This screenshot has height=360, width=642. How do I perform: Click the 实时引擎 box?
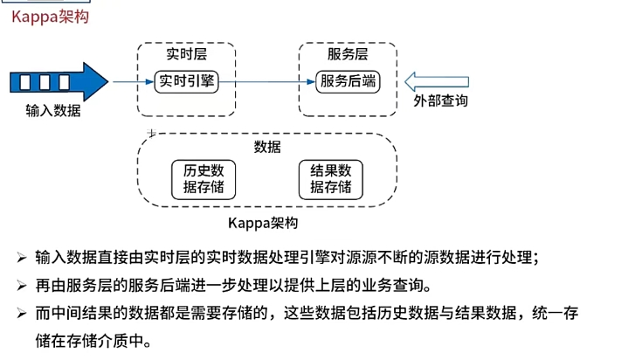pyautogui.click(x=186, y=82)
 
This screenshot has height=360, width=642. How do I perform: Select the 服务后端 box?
pyautogui.click(x=348, y=82)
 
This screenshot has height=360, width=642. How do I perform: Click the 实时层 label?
pyautogui.click(x=186, y=54)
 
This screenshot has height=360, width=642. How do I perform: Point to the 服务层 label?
pyautogui.click(x=348, y=54)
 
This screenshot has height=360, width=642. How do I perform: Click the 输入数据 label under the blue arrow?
pyautogui.click(x=53, y=111)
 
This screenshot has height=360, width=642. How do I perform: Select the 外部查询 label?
pyautogui.click(x=440, y=101)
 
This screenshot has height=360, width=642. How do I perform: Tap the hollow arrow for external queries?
pyautogui.click(x=436, y=81)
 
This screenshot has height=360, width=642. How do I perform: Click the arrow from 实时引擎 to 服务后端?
pyautogui.click(x=266, y=82)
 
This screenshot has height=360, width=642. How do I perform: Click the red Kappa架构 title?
pyautogui.click(x=49, y=16)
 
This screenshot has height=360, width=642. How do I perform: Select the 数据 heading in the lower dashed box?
pyautogui.click(x=267, y=146)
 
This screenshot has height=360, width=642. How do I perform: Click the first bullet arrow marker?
pyautogui.click(x=21, y=258)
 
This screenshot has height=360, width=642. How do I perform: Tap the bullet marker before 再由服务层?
pyautogui.click(x=21, y=286)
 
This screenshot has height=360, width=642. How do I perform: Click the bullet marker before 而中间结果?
pyautogui.click(x=21, y=313)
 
